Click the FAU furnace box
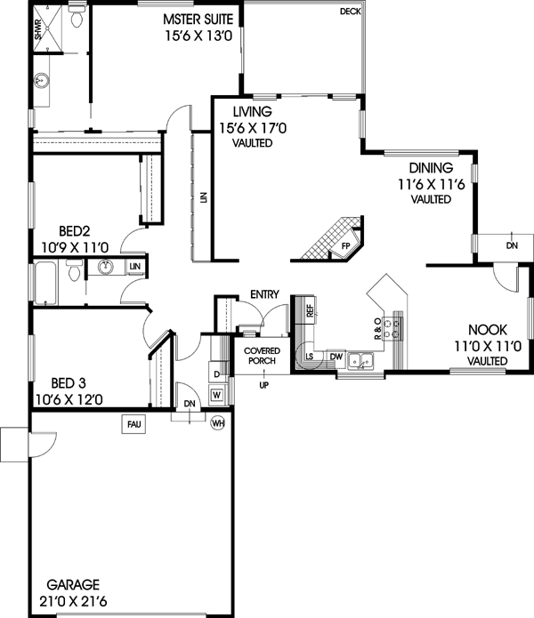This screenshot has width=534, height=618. (134, 425)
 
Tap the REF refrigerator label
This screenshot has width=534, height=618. (310, 311)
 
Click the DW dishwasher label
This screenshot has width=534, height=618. (336, 357)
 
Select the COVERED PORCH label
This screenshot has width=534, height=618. (263, 357)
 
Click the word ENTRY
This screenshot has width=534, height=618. (264, 294)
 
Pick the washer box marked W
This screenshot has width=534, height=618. (216, 393)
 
